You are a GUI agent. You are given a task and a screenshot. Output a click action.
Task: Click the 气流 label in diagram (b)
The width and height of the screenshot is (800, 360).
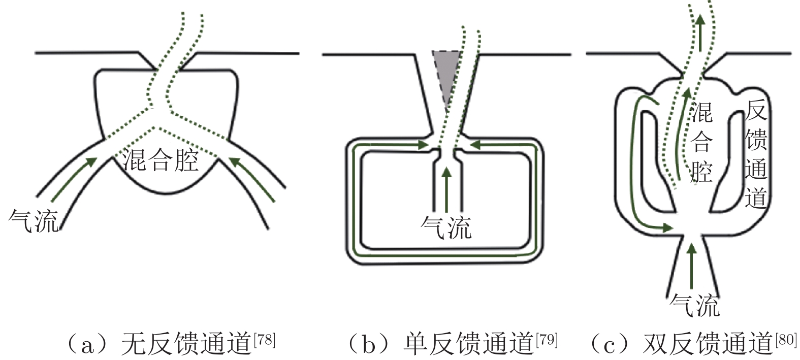(x=446, y=226)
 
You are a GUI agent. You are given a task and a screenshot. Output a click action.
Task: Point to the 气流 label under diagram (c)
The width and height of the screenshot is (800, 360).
(x=695, y=305)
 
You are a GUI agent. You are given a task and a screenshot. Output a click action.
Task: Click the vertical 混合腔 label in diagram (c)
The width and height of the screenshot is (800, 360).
(x=702, y=142)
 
